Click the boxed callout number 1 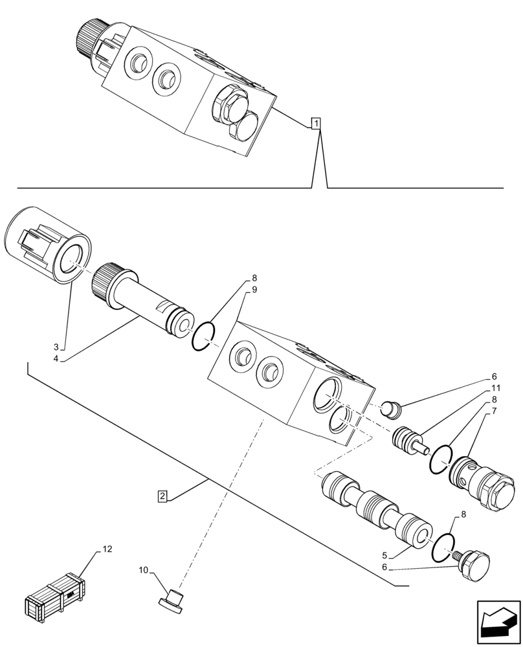315,123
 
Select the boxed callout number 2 163,496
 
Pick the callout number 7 494,411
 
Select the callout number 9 254,290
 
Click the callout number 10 143,570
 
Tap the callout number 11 495,388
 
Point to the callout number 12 107,549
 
